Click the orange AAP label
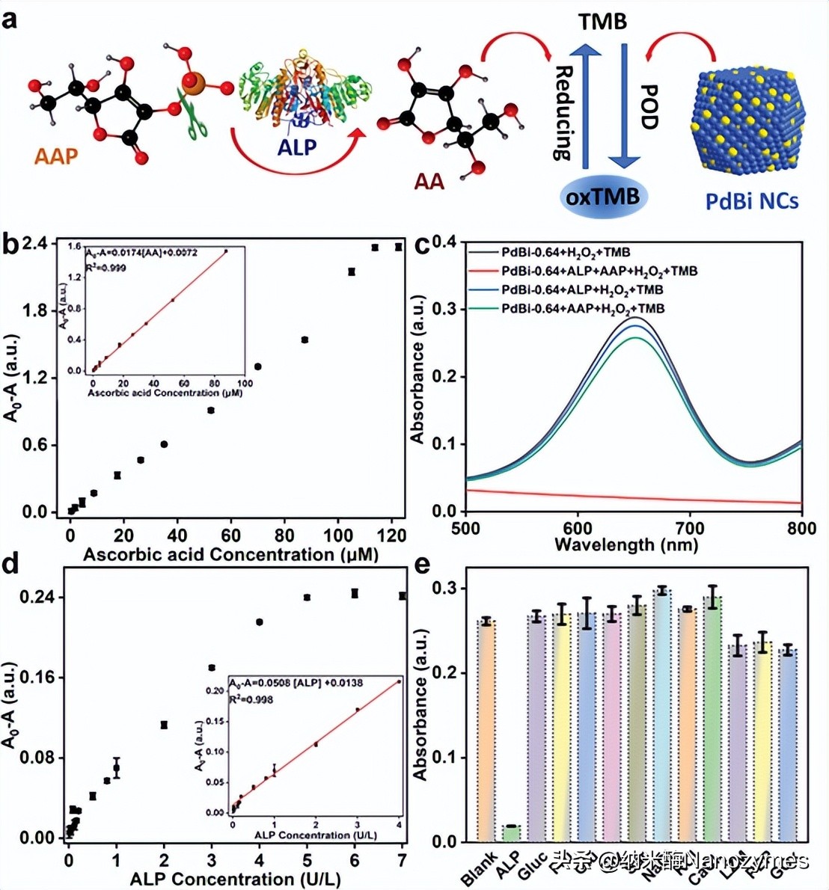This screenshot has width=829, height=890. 56,156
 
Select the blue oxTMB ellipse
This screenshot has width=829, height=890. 602,197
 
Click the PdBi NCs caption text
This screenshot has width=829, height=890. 752,200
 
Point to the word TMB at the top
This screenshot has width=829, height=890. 602,22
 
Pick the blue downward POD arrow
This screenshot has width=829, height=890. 624,105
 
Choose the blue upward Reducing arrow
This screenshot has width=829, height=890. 586,105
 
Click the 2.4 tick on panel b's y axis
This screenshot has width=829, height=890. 35,244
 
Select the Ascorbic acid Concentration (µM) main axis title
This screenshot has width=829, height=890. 230,555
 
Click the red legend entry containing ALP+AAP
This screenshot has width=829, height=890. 599,271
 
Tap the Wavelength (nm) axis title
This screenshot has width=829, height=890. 626,544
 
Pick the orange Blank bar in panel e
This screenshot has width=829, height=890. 487,730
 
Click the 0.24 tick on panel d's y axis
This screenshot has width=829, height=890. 40,598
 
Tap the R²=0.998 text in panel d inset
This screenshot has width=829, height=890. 251,699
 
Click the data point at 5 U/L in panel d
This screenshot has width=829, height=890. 307,597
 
